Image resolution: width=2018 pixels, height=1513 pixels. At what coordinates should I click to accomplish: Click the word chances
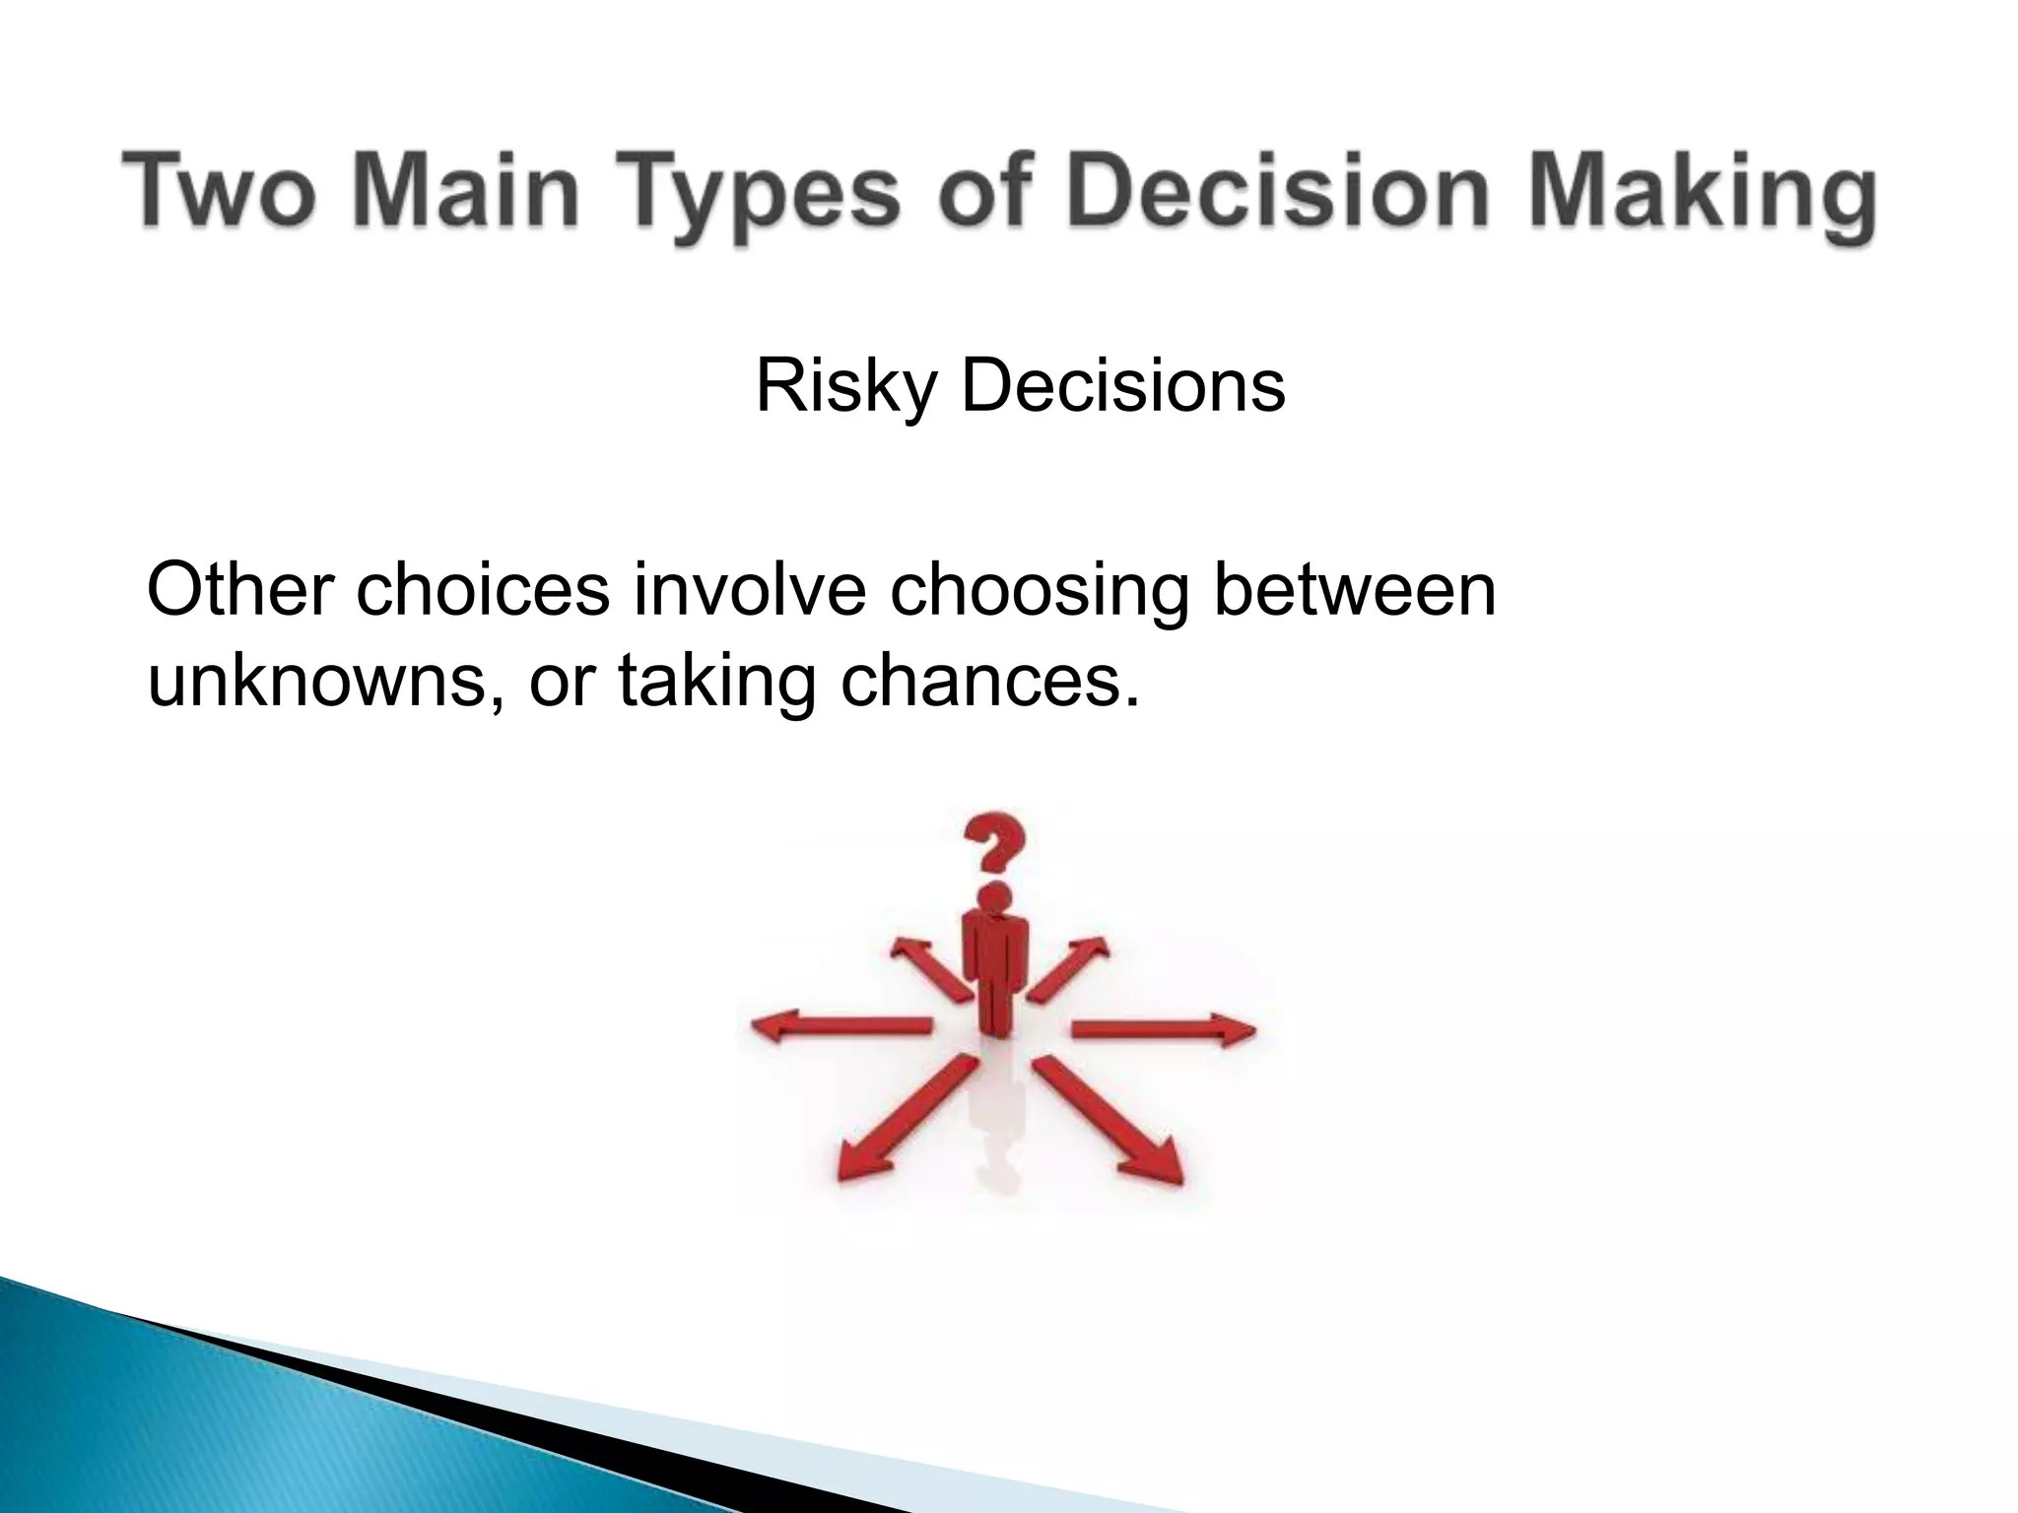coord(989,682)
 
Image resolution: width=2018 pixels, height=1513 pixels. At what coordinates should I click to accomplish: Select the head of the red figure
coord(996,896)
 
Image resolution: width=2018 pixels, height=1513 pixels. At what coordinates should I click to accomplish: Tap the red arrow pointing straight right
coord(1163,1030)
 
